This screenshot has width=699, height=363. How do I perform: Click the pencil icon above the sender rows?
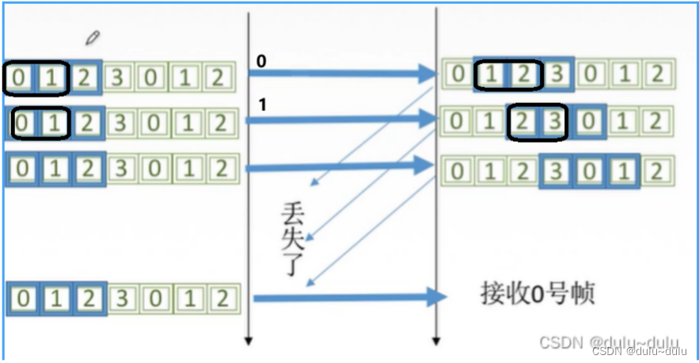click(93, 37)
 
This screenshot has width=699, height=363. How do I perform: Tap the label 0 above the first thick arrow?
click(260, 61)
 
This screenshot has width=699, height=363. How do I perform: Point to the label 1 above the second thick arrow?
click(260, 104)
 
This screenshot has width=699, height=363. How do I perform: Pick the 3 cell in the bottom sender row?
click(119, 299)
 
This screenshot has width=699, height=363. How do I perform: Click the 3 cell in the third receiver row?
click(557, 171)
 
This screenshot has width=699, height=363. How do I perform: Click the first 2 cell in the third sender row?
click(88, 169)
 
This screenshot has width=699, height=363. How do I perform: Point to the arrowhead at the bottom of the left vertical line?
click(249, 341)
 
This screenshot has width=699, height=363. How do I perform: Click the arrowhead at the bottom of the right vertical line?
click(435, 341)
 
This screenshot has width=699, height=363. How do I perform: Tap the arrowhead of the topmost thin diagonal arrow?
click(312, 184)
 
